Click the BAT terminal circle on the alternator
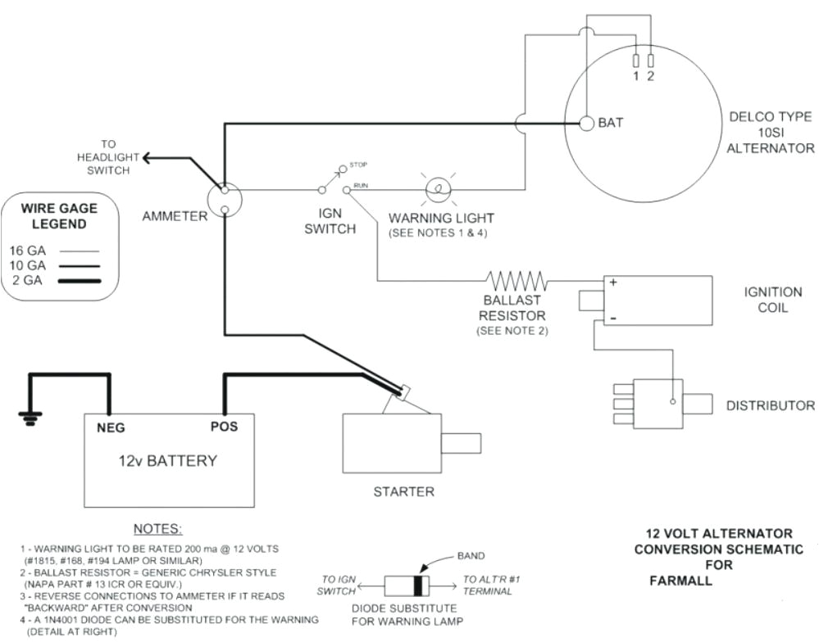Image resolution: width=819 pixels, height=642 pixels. tap(586, 123)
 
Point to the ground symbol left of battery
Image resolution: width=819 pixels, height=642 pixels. tap(30, 418)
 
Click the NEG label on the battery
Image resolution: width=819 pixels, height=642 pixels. tap(111, 427)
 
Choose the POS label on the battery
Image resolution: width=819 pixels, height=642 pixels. tap(224, 427)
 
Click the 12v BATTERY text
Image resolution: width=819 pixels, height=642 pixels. tap(168, 460)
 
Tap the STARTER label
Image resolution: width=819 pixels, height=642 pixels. tap(403, 491)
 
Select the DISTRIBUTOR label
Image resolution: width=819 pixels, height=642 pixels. tap(770, 405)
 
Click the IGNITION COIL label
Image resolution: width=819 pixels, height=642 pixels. tap(772, 300)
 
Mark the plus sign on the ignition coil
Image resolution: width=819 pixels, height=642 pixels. tap(611, 282)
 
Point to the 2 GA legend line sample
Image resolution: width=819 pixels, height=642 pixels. tap(79, 282)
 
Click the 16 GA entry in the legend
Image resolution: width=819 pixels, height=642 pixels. tap(29, 251)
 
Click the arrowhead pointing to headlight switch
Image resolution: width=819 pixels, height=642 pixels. tap(146, 157)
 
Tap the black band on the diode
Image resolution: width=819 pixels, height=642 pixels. tap(420, 586)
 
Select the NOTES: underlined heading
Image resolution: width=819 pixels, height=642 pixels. tap(157, 528)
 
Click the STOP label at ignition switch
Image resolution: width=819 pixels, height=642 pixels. tap(358, 164)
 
